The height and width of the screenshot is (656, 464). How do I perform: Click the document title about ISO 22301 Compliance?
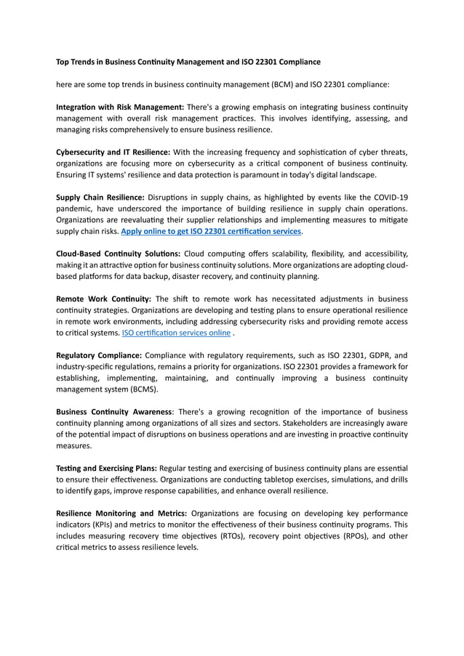coord(188,62)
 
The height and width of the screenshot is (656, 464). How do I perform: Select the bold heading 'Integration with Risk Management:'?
coord(120,107)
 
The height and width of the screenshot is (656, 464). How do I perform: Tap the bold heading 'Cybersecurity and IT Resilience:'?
coord(113,151)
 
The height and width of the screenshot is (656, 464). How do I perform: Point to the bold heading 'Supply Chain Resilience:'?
coord(100,196)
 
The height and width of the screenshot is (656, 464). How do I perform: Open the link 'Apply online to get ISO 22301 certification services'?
coord(211,231)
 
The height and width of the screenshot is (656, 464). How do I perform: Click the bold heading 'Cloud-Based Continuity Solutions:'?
coord(119,254)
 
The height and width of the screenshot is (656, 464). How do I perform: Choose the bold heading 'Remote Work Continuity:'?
coord(103,299)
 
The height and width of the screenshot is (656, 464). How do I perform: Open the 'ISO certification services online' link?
coord(177,333)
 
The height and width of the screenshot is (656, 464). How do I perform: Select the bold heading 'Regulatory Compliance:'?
coord(99,355)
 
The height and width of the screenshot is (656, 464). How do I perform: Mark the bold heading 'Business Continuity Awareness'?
coord(114,412)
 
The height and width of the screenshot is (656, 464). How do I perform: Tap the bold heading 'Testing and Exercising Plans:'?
coord(106,468)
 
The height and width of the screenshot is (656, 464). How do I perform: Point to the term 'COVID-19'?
coord(389,197)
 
